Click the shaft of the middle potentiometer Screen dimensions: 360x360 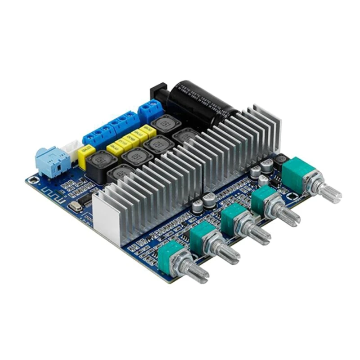coord(256,234)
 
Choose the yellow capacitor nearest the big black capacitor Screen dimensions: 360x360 coord(146,130)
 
